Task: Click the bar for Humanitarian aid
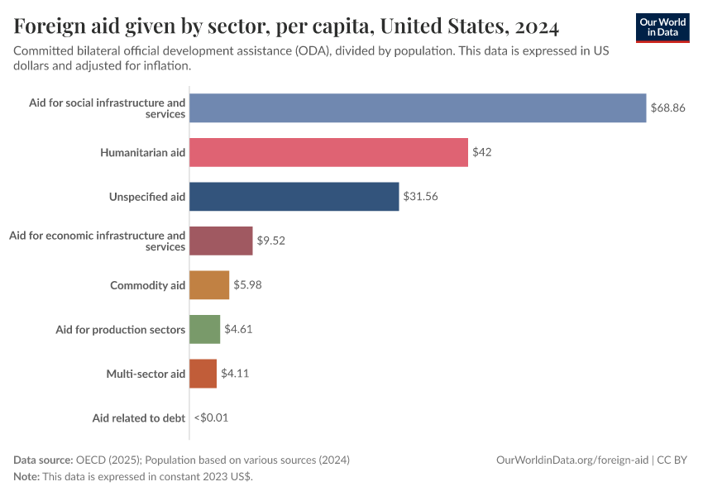pos(328,152)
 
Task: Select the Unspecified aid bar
pos(294,197)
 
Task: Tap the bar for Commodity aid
pos(209,285)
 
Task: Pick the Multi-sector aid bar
pos(203,374)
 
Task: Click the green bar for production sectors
pos(204,329)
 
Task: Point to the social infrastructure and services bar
pos(418,108)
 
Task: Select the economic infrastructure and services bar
pos(221,241)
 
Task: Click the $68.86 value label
pos(667,108)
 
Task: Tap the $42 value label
pos(482,152)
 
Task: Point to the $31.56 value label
pos(420,197)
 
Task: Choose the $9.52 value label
pos(270,241)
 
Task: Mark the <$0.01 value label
pos(211,417)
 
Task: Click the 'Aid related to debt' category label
pos(138,417)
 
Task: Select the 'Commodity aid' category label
pos(147,285)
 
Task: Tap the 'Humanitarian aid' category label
pos(142,152)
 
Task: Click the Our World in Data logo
pos(662,27)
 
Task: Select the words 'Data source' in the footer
pos(43,460)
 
